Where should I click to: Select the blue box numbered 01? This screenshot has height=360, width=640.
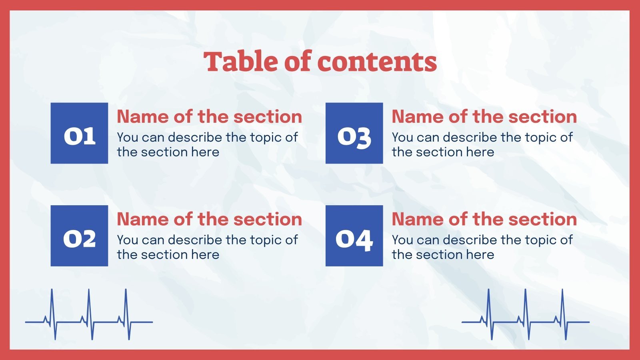coord(79,133)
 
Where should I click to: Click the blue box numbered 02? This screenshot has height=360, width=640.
coord(79,236)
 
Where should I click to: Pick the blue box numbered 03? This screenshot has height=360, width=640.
coord(354,133)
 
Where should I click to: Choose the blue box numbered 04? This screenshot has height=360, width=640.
coord(354,236)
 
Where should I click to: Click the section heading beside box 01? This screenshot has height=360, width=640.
coord(209,117)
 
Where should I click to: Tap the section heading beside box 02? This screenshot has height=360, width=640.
coord(209,219)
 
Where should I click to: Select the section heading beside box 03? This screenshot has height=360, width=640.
coord(484,117)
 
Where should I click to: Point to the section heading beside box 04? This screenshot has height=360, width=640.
coord(484,219)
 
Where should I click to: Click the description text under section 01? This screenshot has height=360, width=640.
coord(207,144)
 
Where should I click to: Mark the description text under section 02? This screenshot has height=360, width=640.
coord(207,247)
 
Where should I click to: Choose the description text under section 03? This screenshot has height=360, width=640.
coord(482,144)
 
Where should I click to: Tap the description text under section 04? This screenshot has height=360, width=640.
coord(482,247)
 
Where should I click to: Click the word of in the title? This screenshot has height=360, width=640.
coord(298,62)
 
